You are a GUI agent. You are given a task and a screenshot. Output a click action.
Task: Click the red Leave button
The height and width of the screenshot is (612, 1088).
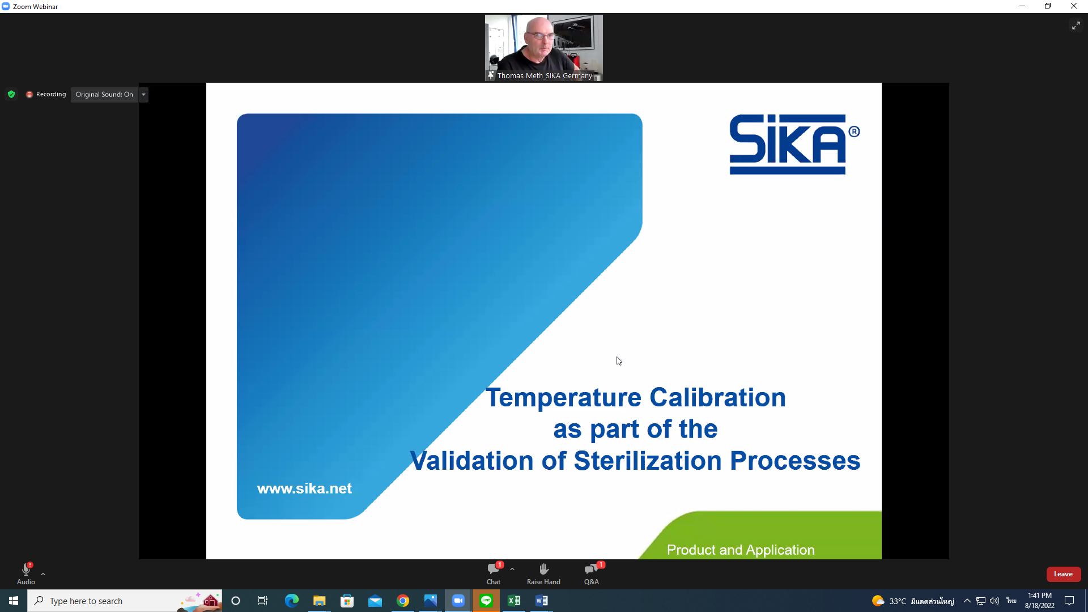1063,574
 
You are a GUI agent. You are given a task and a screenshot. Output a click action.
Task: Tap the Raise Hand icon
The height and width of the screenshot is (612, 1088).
543,569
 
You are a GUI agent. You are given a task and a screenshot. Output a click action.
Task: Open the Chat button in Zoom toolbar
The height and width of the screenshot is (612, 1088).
494,573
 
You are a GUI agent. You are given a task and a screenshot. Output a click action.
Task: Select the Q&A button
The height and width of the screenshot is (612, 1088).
592,573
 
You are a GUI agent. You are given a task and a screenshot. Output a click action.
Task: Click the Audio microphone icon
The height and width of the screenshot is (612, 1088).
26,569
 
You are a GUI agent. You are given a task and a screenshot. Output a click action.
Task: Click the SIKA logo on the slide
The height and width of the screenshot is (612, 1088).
794,144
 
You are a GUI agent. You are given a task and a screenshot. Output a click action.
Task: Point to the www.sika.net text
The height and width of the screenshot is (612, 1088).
304,488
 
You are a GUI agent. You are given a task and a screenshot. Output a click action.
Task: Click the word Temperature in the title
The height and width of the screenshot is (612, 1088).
564,397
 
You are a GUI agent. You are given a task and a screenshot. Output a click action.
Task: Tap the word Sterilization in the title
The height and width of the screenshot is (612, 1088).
648,461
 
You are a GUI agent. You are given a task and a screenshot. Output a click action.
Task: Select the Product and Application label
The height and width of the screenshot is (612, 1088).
741,550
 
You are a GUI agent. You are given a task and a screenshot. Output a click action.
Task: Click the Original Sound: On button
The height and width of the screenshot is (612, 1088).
104,95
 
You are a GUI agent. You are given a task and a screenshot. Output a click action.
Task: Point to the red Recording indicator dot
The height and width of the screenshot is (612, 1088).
29,95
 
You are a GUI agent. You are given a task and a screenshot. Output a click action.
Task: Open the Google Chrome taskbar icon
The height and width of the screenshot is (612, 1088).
403,601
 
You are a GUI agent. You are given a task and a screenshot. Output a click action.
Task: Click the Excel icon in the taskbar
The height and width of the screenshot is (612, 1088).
514,601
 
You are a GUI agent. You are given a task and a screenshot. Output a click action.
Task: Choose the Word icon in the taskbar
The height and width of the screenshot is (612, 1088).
542,601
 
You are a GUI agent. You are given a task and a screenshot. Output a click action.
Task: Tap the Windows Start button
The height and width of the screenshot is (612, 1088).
14,601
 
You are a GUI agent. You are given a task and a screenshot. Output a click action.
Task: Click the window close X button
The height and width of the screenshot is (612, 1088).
1074,6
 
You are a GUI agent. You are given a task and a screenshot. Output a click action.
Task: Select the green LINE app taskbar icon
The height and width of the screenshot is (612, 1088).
486,601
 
